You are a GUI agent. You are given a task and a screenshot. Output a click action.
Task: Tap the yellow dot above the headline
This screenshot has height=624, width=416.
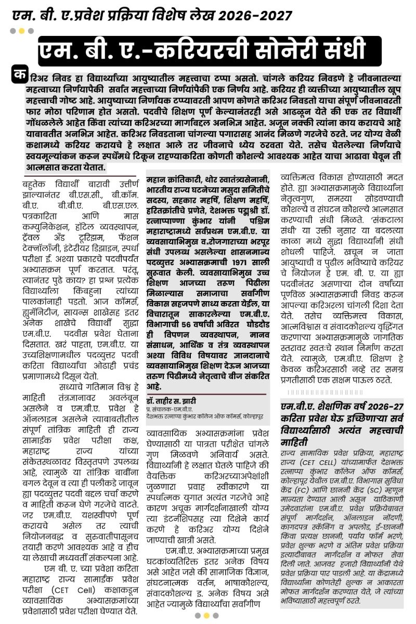tap(22, 31)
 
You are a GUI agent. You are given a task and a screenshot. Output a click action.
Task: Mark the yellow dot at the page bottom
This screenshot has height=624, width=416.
tap(207, 615)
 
